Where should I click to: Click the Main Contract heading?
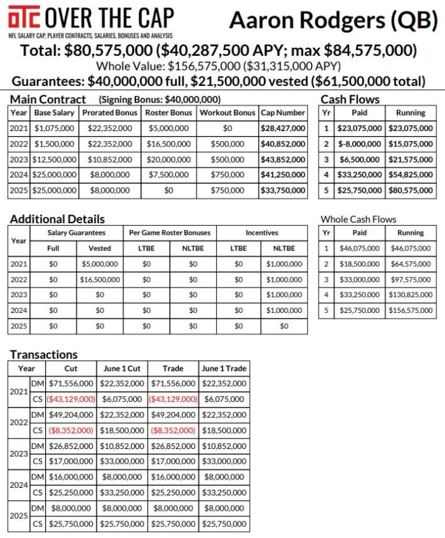48,99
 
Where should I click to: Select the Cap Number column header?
283,113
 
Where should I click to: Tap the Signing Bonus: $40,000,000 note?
160,100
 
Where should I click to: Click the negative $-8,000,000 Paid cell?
359,144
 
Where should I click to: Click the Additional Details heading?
57,219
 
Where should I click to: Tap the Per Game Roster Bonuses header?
170,233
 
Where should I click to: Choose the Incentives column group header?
261,233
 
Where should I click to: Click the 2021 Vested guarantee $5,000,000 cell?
100,264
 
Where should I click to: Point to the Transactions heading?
44,354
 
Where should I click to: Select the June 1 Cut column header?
122,368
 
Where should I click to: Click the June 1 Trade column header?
224,368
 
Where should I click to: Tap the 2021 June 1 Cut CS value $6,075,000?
122,399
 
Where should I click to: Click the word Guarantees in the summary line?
48,81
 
